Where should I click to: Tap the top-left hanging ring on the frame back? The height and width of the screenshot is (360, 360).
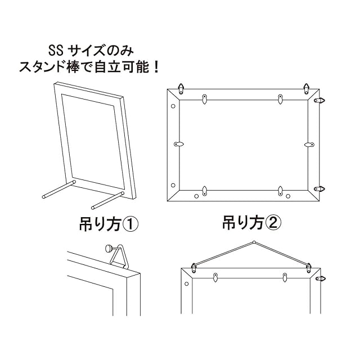pos(182,88)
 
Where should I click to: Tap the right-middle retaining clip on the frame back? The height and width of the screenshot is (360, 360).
pos(308,145)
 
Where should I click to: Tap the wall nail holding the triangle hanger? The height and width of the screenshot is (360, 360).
pos(109,248)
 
